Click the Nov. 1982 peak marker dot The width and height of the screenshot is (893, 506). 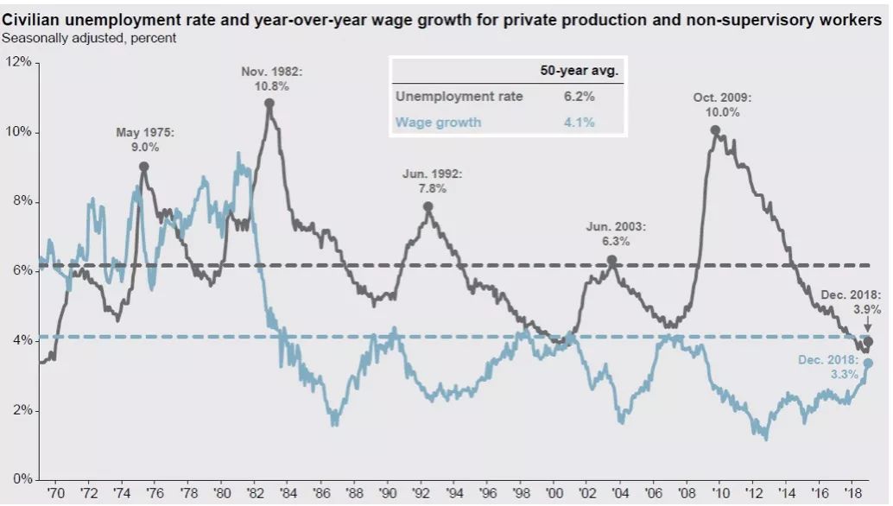click(269, 104)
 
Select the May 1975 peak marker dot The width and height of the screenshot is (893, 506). click(143, 167)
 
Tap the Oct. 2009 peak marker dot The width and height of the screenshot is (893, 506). click(715, 130)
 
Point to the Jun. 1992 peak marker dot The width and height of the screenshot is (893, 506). click(427, 207)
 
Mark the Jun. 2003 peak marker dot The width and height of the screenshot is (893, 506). click(611, 260)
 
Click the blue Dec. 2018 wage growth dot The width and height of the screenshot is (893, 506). click(868, 363)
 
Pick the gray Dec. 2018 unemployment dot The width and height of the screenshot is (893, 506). click(868, 341)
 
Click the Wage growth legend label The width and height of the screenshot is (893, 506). click(438, 122)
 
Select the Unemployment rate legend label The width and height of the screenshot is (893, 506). click(459, 97)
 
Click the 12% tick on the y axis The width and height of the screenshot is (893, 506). click(19, 62)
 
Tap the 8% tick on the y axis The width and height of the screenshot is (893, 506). click(21, 201)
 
